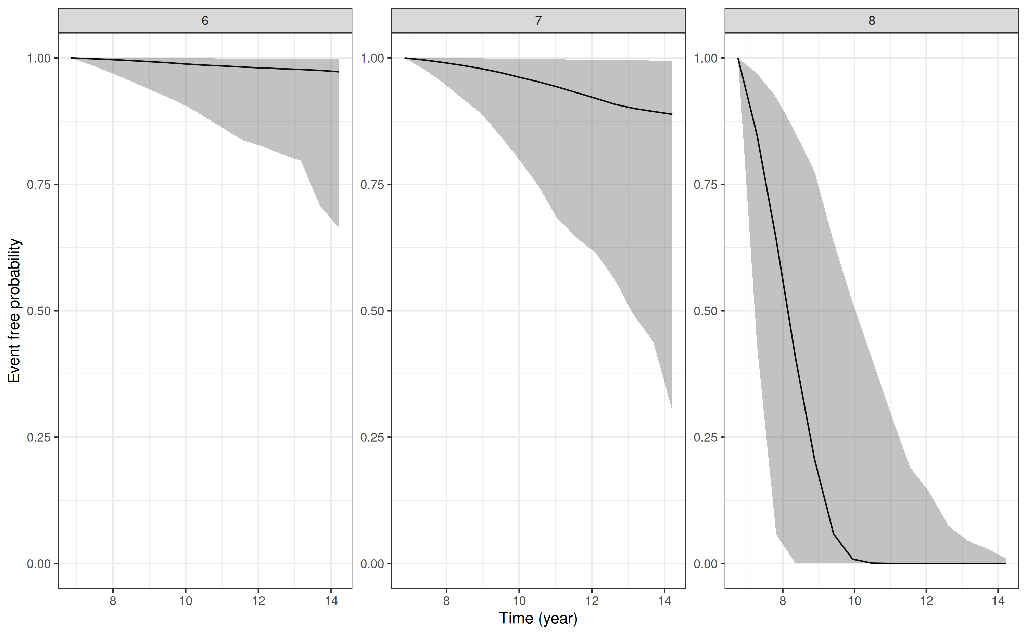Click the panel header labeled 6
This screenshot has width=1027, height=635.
coord(205,20)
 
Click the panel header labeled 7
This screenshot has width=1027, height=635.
coord(538,20)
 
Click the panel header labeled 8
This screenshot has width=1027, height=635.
coord(871,20)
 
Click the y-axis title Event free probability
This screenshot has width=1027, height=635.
coord(14,310)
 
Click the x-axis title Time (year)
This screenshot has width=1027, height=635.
coord(538,618)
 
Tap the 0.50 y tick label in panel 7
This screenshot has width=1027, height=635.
coord(372,311)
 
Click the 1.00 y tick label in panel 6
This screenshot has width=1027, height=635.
coord(39,58)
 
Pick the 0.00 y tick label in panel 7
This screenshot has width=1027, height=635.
coord(372,564)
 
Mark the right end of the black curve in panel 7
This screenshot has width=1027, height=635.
coord(672,114)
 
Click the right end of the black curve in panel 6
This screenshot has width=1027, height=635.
coord(338,72)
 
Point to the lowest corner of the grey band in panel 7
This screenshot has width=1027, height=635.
coord(672,410)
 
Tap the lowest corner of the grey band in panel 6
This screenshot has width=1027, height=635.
coord(338,227)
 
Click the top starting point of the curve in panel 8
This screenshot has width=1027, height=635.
coord(738,58)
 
